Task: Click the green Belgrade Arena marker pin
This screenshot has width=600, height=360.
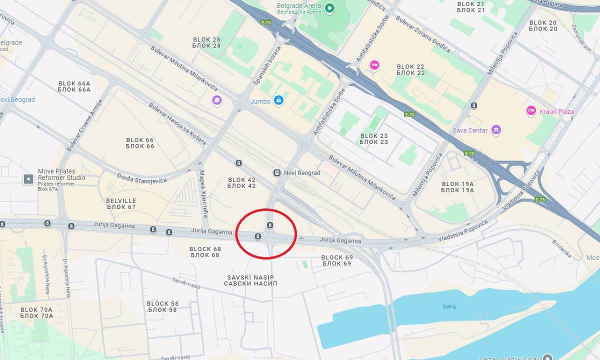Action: tap(329, 7)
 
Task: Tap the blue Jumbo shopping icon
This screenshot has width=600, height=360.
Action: tap(278, 101)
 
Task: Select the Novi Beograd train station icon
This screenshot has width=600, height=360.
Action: tap(276, 172)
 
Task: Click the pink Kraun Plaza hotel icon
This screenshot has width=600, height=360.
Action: tap(531, 111)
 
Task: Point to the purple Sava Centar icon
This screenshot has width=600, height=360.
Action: tap(496, 130)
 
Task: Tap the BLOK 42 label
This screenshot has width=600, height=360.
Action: tap(241, 183)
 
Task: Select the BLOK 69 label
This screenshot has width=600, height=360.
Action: tap(337, 260)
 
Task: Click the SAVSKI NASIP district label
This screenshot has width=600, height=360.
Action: tap(250, 280)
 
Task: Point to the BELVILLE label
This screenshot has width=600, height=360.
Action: tap(121, 203)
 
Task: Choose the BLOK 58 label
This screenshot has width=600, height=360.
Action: tap(162, 306)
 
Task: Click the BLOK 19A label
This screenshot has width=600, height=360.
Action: tap(457, 187)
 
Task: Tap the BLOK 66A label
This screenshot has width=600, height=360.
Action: tap(74, 86)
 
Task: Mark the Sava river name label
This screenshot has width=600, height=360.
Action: tap(449, 306)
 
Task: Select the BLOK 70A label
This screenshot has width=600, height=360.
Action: tap(36, 313)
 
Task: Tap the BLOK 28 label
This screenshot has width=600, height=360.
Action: tap(206, 42)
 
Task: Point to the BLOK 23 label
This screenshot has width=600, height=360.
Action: tap(374, 139)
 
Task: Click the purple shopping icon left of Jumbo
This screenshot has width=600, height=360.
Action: tap(216, 100)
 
